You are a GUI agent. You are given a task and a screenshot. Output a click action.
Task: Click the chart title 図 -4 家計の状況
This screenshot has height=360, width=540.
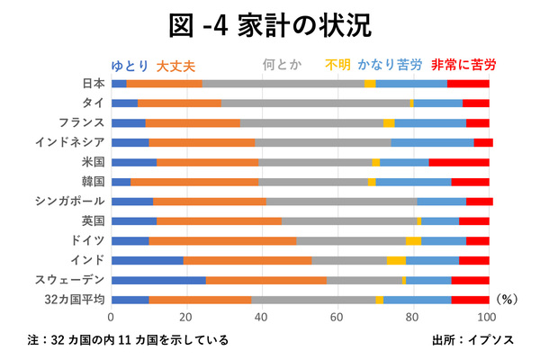coord(270,24)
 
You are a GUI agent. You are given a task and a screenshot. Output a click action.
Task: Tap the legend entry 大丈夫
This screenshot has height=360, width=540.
coord(175,65)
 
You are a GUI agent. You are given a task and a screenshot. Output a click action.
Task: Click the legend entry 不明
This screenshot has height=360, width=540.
coord(337,65)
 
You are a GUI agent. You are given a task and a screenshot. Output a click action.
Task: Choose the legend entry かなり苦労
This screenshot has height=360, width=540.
coord(390,65)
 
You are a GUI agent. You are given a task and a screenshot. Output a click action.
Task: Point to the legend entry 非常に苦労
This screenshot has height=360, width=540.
coord(462,65)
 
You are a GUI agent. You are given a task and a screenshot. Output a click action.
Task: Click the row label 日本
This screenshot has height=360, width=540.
coord(93,84)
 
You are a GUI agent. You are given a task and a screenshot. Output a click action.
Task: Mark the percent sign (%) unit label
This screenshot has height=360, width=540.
coord(509,301)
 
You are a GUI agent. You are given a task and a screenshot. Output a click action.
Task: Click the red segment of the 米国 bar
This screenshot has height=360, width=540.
coord(459,162)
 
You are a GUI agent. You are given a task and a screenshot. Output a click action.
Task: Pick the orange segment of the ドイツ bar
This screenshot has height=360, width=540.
coord(222,240)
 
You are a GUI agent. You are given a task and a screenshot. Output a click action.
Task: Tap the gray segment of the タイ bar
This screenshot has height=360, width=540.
coord(315,103)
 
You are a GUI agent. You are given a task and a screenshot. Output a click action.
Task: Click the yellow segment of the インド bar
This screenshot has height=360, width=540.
coord(396,260)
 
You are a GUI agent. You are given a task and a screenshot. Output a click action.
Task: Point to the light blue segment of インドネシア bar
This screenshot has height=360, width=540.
coord(432,142)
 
